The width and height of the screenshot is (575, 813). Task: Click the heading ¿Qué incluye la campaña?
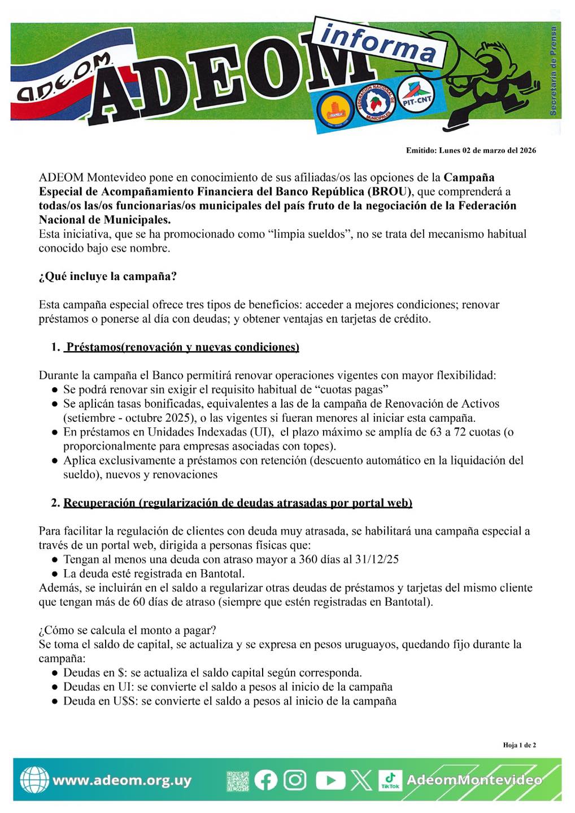[108, 277]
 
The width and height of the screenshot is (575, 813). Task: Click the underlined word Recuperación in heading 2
[99, 503]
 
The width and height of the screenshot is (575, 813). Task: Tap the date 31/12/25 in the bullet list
[377, 560]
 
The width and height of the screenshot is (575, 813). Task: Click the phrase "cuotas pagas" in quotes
[351, 390]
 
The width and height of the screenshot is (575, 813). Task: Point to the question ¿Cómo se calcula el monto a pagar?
[128, 630]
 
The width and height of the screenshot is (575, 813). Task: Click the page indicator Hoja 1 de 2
[520, 745]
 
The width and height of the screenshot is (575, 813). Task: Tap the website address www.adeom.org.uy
[122, 781]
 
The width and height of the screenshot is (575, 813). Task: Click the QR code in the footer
[238, 781]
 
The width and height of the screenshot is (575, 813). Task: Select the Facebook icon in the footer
[265, 780]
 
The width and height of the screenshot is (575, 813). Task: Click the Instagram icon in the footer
[295, 780]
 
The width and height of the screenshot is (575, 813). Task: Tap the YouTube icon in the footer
[330, 780]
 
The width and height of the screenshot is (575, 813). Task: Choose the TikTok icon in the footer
[390, 780]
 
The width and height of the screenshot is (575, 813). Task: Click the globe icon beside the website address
[34, 780]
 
